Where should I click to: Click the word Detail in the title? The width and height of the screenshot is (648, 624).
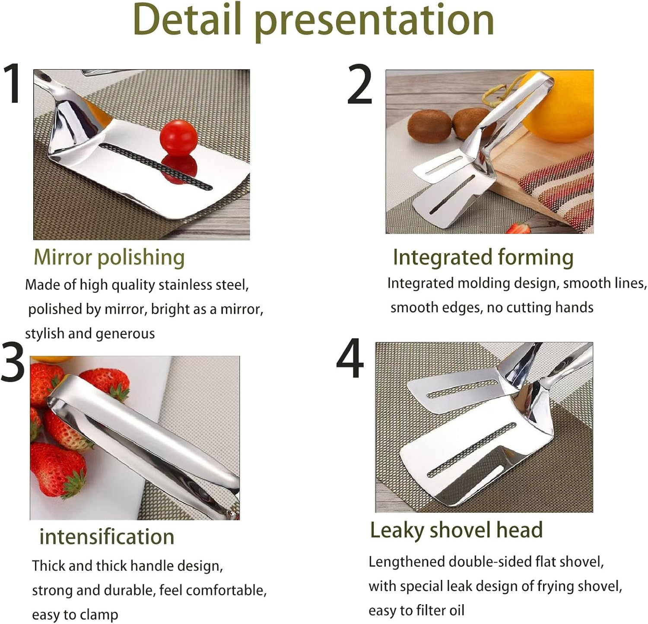[x=187, y=20]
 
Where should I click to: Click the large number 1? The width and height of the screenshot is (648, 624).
[x=13, y=83]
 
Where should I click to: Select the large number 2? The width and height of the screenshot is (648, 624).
[x=359, y=85]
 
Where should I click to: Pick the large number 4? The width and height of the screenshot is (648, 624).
[x=350, y=359]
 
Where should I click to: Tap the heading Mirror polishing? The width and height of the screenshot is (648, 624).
[x=109, y=257]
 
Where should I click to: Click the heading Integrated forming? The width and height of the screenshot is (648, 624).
[x=483, y=257]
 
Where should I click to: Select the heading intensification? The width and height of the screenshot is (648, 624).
[x=107, y=537]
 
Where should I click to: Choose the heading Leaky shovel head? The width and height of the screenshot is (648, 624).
[x=456, y=530]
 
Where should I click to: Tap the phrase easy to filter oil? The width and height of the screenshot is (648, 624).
[x=416, y=611]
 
